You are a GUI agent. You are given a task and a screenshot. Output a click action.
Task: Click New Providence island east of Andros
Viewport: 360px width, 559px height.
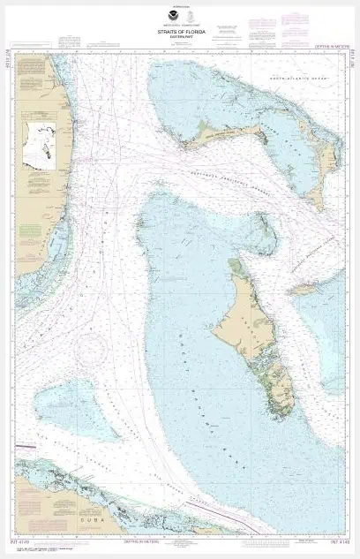pos(304,289)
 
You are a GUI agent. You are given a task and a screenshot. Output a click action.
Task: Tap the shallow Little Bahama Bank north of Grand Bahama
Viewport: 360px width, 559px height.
pos(212,97)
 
